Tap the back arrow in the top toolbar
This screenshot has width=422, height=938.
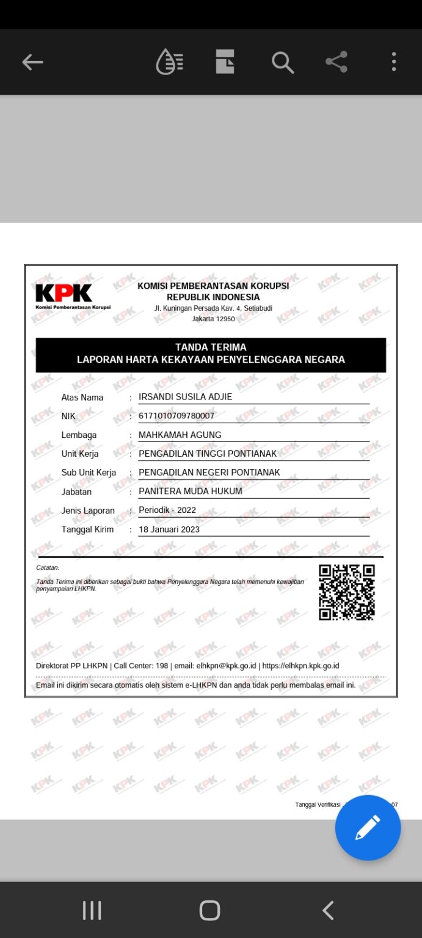[33, 62]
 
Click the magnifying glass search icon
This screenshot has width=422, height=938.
[282, 62]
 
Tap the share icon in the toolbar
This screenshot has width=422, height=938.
[337, 62]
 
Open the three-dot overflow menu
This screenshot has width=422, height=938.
[394, 62]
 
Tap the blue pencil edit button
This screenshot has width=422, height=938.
[368, 827]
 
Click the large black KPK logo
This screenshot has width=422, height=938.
[64, 293]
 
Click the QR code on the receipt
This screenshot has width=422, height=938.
[346, 592]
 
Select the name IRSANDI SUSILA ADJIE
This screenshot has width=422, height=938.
[186, 397]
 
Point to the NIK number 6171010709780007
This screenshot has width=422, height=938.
[176, 416]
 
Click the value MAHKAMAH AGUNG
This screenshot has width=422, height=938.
[180, 435]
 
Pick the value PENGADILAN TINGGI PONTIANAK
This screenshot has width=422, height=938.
[208, 454]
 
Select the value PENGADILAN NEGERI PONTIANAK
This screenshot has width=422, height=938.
[209, 472]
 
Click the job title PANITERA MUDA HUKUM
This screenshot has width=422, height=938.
[191, 491]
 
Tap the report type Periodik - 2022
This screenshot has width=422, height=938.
[167, 510]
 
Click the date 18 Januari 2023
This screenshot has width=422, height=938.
[169, 529]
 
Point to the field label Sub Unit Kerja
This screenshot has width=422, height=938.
[89, 473]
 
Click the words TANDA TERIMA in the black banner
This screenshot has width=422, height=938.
[211, 347]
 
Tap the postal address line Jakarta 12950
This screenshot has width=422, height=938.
[213, 319]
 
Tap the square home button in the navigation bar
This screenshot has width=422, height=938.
[209, 910]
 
